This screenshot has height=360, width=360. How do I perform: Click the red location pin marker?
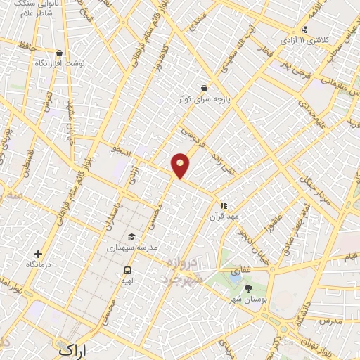pos(181,165)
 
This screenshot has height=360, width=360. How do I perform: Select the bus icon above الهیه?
pos(127,269)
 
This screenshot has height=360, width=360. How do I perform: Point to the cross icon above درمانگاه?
pos(38,254)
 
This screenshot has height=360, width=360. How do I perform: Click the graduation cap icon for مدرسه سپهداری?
pos(131,236)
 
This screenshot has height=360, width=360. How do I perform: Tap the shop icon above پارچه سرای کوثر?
pos(204,88)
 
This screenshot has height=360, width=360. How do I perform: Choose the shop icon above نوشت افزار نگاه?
pos(59,53)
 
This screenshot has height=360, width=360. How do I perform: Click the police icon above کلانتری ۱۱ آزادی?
pos(304,30)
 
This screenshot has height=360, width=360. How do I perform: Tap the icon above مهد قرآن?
pos(224,205)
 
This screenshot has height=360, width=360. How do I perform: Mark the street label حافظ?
pos(27,47)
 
